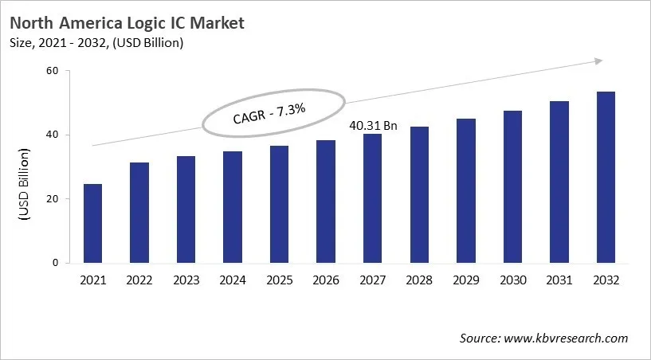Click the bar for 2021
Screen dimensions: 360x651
92,223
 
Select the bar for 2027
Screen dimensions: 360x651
373,198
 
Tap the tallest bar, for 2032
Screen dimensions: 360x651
606,177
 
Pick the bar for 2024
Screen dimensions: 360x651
233,207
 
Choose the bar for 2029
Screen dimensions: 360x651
465,190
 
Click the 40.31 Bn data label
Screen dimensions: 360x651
372,126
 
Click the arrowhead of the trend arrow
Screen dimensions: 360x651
598,61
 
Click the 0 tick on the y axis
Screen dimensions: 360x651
56,263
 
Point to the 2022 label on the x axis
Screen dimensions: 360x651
139,280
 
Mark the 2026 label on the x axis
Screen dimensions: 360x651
326,280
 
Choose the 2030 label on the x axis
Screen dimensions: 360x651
512,280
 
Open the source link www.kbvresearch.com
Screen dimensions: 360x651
566,338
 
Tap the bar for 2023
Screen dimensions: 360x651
186,209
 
